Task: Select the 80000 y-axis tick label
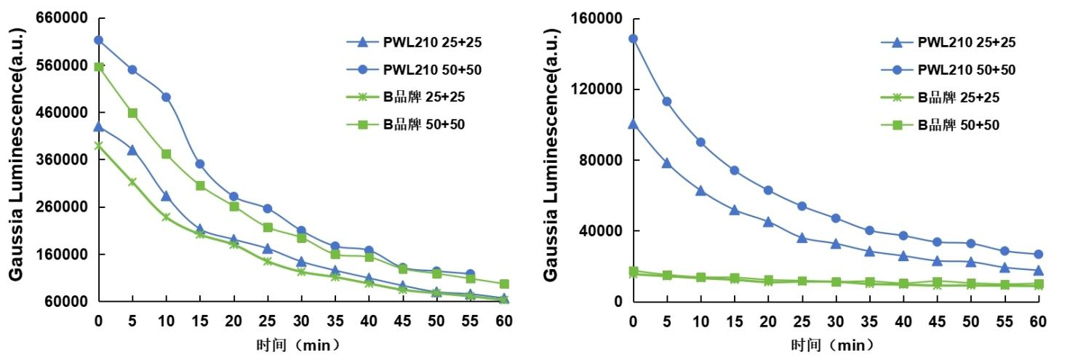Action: [x=605, y=160]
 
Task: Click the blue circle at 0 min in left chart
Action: [x=99, y=40]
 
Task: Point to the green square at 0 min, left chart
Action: [x=99, y=67]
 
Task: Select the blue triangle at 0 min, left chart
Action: [x=99, y=127]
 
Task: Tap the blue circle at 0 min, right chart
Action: [x=633, y=39]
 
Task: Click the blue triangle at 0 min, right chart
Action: [x=633, y=124]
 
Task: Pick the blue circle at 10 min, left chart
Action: [x=166, y=97]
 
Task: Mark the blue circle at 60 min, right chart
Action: [x=1038, y=255]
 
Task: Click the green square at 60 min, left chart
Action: [x=504, y=284]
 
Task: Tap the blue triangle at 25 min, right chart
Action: [x=802, y=238]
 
